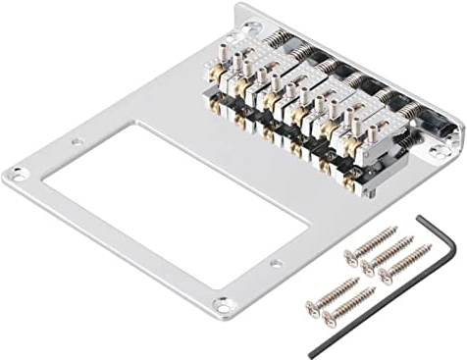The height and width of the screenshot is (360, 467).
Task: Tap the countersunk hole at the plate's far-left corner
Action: [x=14, y=176]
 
